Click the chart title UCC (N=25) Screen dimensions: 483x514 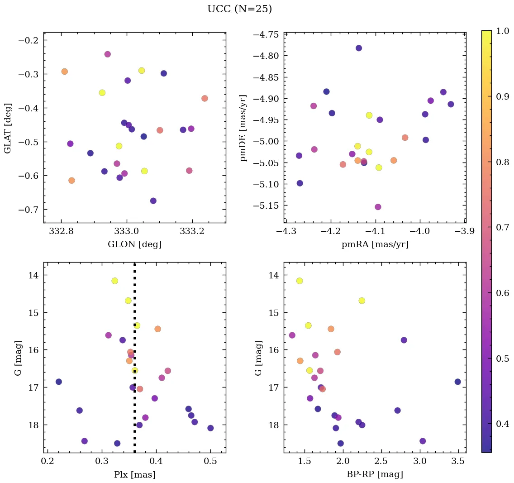(x=239, y=9)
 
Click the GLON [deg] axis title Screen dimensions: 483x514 (x=134, y=244)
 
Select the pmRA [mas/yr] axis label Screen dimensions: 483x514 (x=375, y=244)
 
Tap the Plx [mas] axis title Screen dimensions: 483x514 (x=134, y=474)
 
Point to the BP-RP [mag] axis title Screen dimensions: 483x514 (x=375, y=474)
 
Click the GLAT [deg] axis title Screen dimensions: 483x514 (x=8, y=128)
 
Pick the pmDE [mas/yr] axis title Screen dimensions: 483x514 (x=243, y=128)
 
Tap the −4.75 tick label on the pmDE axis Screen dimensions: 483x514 (x=266, y=35)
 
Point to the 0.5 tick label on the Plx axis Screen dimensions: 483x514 (x=210, y=462)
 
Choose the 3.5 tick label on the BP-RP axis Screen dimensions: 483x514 (x=458, y=462)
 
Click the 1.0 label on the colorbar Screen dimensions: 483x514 (x=503, y=30)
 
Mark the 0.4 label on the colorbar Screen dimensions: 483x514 (x=503, y=424)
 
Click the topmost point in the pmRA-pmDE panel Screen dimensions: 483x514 (x=359, y=48)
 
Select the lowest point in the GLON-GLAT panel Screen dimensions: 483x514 (x=153, y=201)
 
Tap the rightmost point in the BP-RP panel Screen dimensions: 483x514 (x=457, y=382)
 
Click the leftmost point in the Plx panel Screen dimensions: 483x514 (x=59, y=382)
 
